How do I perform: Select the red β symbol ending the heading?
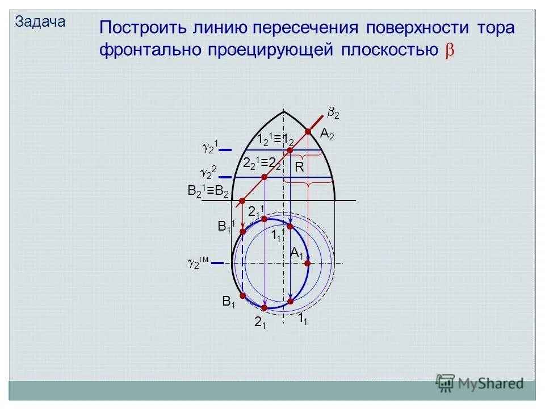coord(448,51)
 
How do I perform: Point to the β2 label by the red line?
coord(334,114)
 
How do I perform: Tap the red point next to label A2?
coord(308,132)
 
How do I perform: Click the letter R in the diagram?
coord(299,168)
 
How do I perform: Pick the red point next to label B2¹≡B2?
coord(242,201)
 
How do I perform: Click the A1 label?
coord(296,253)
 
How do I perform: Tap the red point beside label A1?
coord(308,263)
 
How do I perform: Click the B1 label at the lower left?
coord(229,302)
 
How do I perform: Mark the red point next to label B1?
coord(242,296)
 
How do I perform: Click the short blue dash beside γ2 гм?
coord(220,263)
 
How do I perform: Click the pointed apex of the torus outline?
coord(283,111)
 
